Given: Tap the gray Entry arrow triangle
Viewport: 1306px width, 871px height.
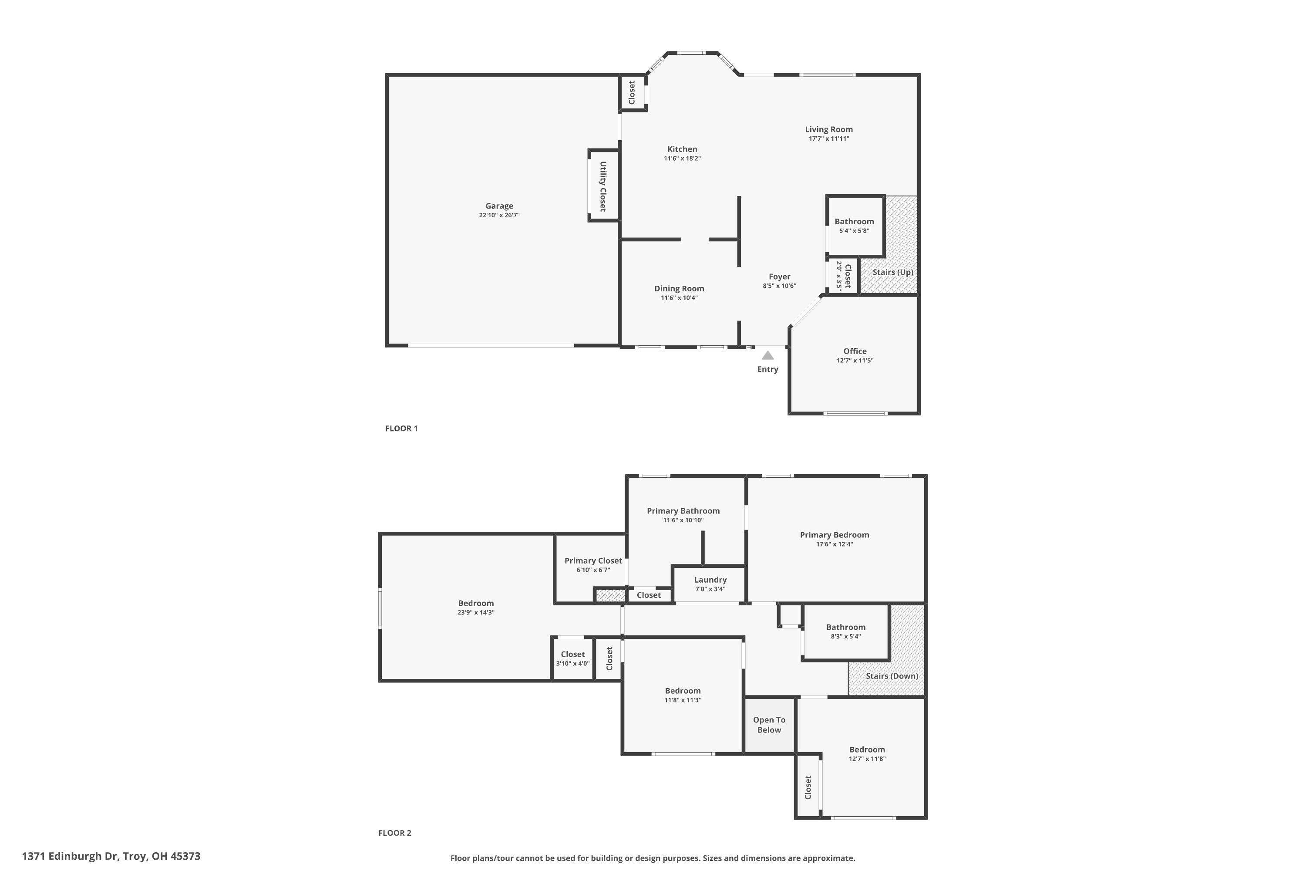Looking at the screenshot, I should tap(767, 355).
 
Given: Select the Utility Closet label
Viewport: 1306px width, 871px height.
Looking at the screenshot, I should tap(603, 186).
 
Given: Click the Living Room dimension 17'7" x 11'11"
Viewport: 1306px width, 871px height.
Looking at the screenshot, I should tap(828, 139).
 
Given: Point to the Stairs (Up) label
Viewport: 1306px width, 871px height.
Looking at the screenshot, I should tap(892, 272).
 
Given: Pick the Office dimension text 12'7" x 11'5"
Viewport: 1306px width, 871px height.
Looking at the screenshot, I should tap(855, 361).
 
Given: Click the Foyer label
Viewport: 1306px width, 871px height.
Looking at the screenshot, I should tap(779, 277).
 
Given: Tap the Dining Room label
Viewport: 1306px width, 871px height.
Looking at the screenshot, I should tap(679, 289).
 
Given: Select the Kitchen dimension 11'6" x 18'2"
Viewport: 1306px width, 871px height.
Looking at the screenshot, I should tap(682, 159).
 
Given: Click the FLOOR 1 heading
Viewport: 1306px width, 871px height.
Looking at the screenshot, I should tap(401, 428).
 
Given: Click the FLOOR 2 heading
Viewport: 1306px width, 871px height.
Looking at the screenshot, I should tap(394, 833).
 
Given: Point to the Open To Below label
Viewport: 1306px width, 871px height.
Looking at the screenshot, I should tap(769, 725).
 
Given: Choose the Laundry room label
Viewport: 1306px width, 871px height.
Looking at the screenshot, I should tap(710, 580).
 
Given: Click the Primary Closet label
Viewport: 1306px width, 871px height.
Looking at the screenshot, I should tap(593, 561).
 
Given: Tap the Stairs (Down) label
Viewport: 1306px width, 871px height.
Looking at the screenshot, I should tap(892, 676).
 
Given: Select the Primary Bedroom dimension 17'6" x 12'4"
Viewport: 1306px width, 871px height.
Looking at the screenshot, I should tap(834, 544).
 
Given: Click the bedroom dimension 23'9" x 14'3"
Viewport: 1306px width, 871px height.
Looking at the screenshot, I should tap(475, 613).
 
